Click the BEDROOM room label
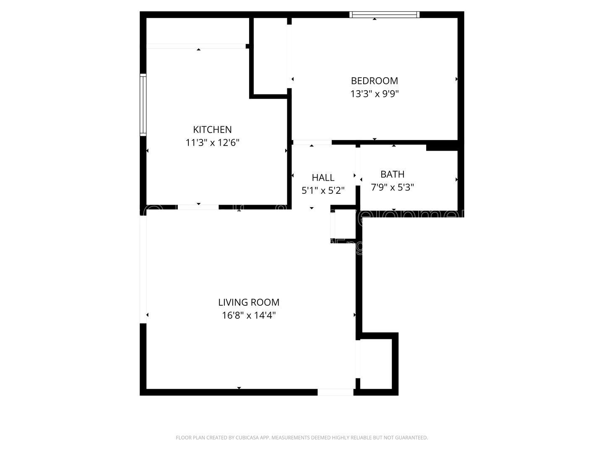[374, 81]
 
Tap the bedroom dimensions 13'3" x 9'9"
[374, 94]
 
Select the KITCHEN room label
[212, 130]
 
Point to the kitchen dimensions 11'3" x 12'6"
[212, 143]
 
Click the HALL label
[323, 177]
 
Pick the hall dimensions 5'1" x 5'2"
[323, 190]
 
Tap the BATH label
[392, 174]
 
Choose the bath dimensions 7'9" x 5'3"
[392, 187]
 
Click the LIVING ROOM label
[249, 302]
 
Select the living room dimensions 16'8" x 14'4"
[249, 315]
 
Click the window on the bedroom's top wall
[385, 15]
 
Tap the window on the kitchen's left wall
[143, 105]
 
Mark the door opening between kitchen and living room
[198, 207]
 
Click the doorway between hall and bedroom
[312, 143]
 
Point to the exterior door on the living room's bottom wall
[335, 392]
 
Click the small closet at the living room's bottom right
[376, 363]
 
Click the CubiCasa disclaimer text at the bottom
[302, 437]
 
